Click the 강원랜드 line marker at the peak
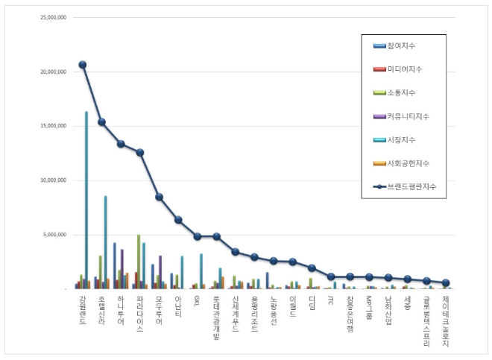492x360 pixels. pyautogui.click(x=83, y=65)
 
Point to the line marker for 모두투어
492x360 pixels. pyautogui.click(x=159, y=197)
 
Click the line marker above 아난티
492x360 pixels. pyautogui.click(x=178, y=220)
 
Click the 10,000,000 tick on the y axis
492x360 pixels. pyautogui.click(x=53, y=180)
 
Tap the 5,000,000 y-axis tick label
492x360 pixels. pyautogui.click(x=54, y=235)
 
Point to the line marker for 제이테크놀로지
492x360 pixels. pyautogui.click(x=446, y=283)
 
